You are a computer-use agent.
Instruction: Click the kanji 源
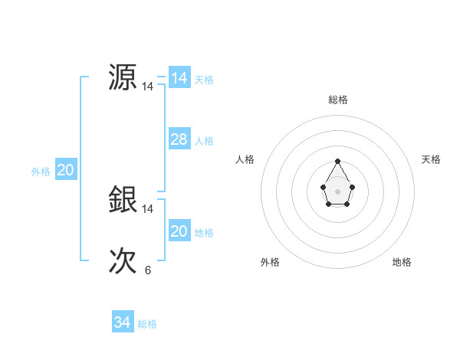point(123,78)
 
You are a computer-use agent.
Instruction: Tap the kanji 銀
point(123,200)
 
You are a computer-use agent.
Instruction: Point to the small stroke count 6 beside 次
point(147,270)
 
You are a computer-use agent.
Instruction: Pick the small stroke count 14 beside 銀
point(147,208)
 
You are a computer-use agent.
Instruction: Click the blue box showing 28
point(179,139)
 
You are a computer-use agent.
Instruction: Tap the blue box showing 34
point(122,322)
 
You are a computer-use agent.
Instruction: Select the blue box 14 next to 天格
point(179,78)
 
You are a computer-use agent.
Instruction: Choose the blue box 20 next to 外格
point(65,170)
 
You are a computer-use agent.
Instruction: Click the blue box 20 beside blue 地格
point(179,231)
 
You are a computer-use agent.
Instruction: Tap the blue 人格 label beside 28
point(204,140)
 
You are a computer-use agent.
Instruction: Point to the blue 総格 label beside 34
point(147,324)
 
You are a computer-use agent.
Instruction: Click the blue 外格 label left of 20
point(41,172)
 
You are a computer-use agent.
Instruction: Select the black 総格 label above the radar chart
point(338,100)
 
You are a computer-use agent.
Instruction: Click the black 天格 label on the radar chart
point(431,159)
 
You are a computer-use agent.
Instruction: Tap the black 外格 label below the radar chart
point(270,262)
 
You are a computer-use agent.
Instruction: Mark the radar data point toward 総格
point(338,162)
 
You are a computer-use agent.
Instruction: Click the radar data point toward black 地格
point(347,204)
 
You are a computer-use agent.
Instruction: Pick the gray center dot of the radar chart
point(338,191)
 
